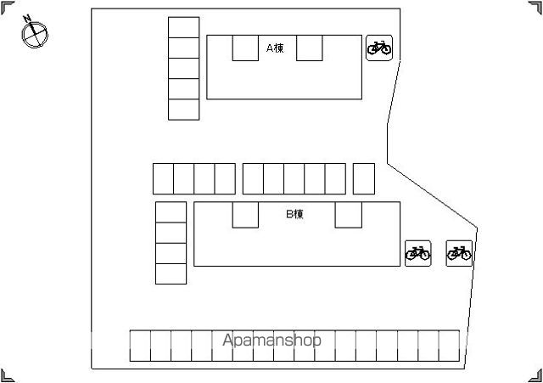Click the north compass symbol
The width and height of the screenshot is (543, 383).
(35, 34)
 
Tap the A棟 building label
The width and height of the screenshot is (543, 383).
(275, 48)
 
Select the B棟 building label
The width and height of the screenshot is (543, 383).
(294, 214)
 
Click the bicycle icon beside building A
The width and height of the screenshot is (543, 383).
(379, 48)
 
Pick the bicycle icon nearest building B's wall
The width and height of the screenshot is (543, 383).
(418, 253)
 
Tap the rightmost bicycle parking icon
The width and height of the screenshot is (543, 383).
(459, 253)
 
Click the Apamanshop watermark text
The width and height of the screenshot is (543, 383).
(271, 340)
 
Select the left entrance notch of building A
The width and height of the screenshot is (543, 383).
(245, 48)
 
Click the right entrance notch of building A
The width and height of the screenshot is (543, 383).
(309, 48)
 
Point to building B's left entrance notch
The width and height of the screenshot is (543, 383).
(245, 215)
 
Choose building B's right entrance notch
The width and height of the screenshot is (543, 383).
(349, 215)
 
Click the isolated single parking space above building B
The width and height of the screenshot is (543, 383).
(364, 179)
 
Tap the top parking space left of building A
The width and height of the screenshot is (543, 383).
(183, 27)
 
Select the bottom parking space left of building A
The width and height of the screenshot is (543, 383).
(183, 110)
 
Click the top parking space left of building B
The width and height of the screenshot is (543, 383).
(171, 212)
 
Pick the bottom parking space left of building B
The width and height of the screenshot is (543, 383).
(171, 273)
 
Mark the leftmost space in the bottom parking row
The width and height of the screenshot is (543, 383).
(140, 346)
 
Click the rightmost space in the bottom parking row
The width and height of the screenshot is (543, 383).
(449, 346)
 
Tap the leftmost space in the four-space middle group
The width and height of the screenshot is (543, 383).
(163, 179)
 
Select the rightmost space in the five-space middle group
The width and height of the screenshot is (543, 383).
(335, 179)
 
